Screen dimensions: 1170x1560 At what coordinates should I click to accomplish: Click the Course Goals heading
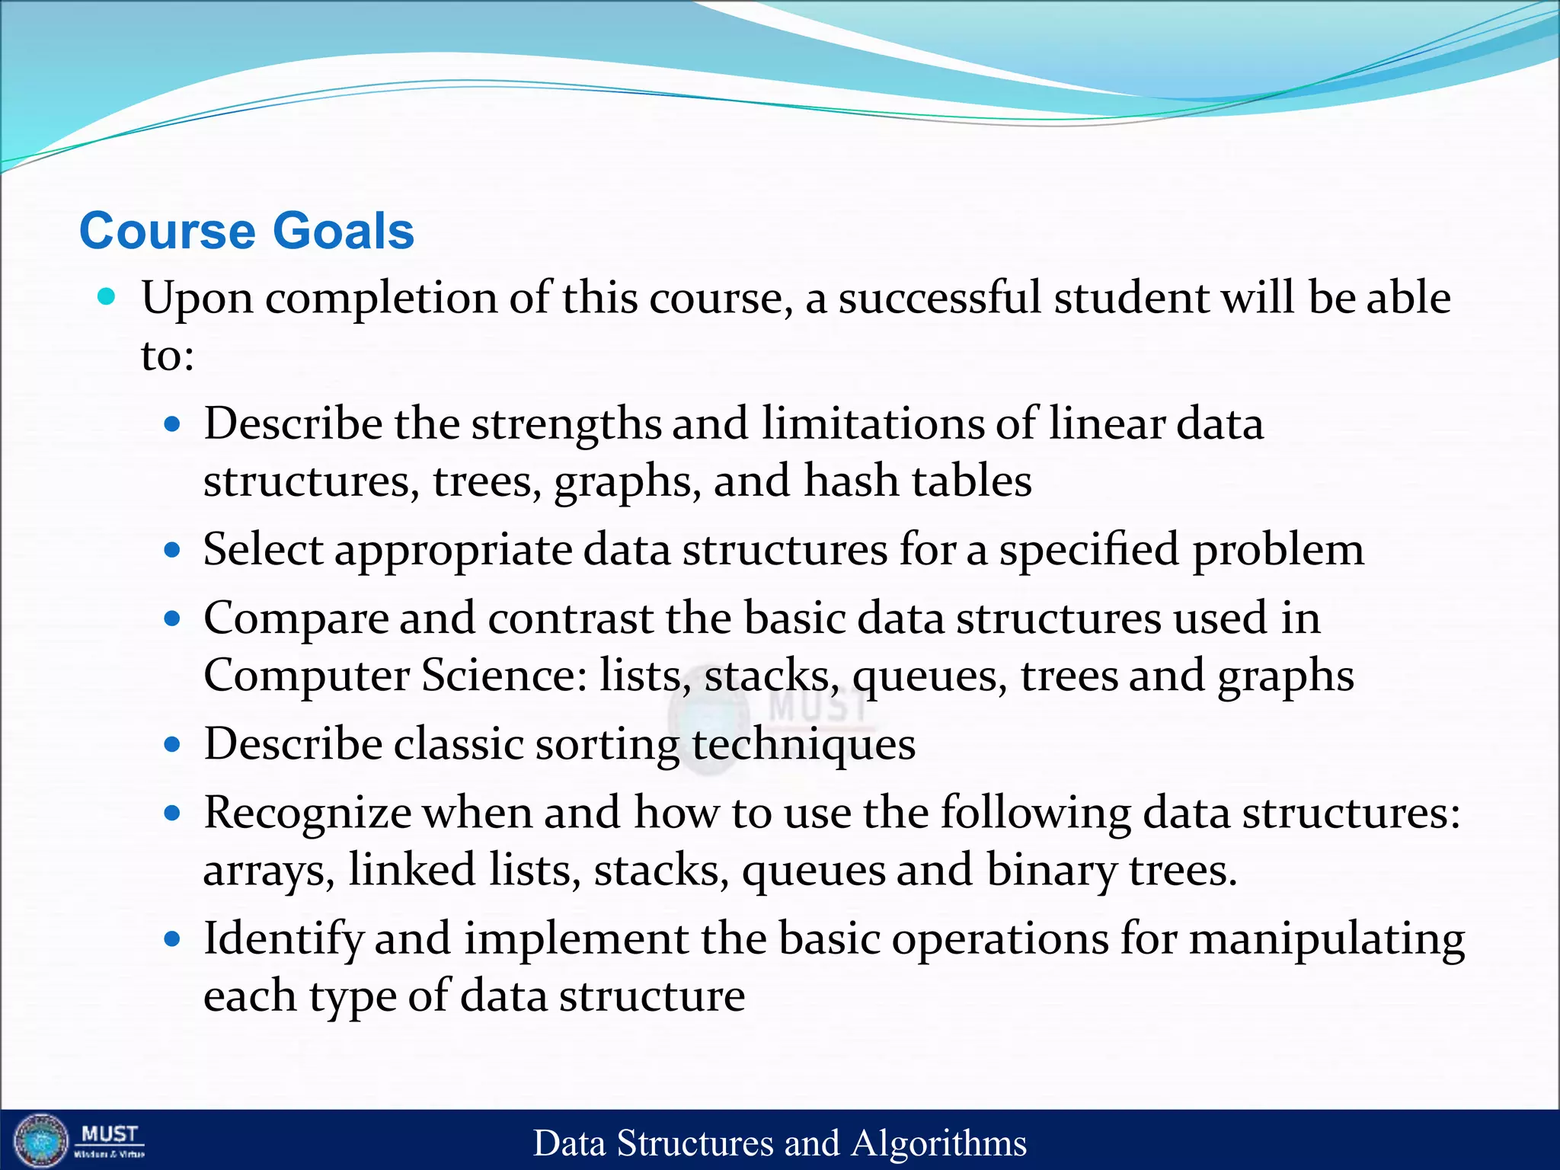[x=247, y=231]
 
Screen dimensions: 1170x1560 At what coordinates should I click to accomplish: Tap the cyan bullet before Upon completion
[x=107, y=296]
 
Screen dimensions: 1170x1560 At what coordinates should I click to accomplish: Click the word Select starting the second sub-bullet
[x=262, y=550]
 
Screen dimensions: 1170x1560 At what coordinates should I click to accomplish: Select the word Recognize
[x=308, y=813]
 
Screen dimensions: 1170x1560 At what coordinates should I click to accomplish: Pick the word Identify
[x=283, y=938]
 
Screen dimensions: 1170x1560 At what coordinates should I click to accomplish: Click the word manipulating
[x=1326, y=938]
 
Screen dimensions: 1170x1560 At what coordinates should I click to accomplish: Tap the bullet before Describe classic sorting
[x=173, y=744]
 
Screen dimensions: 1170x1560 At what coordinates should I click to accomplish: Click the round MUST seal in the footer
[x=41, y=1140]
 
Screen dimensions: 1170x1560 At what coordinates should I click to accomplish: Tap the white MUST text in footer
[x=110, y=1133]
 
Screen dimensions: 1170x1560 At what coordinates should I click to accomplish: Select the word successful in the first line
[x=938, y=298]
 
